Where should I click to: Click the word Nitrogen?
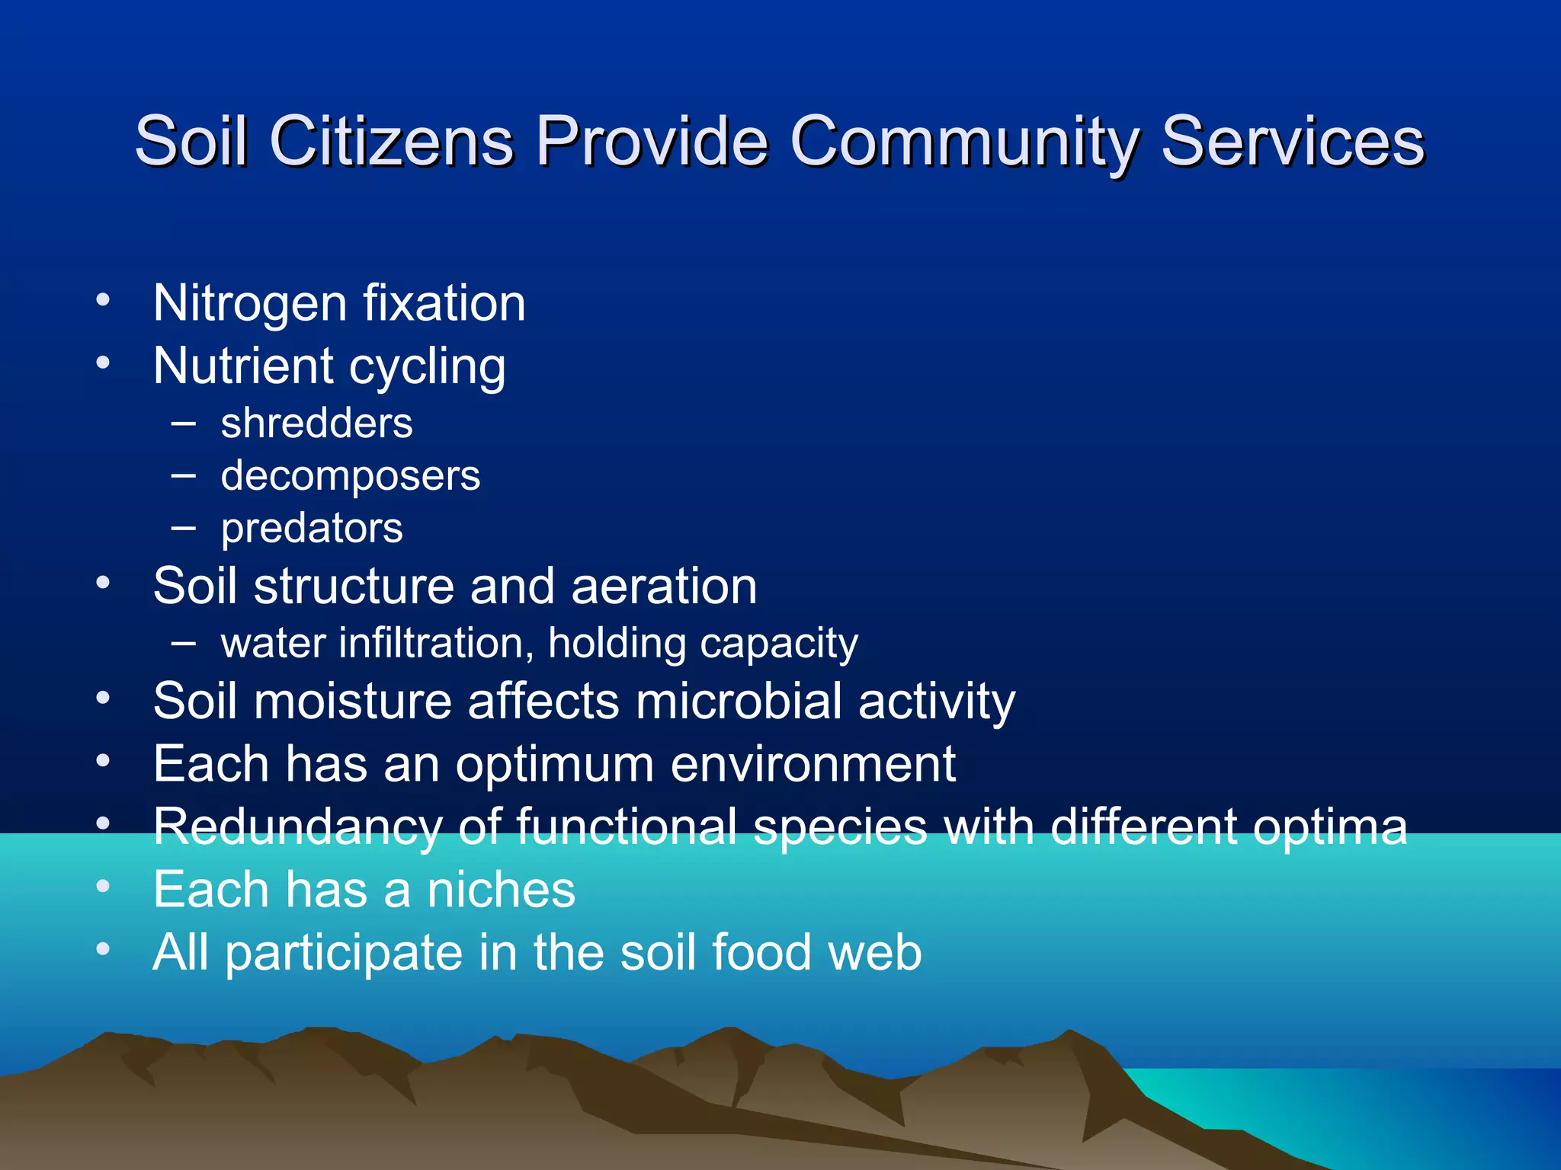(x=250, y=304)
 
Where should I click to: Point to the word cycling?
(x=428, y=367)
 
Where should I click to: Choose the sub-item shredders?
(x=316, y=424)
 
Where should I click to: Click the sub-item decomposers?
(x=351, y=476)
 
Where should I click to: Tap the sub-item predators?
(x=312, y=529)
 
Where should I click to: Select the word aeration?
(x=664, y=587)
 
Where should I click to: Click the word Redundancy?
(x=297, y=827)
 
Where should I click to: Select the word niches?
(x=501, y=890)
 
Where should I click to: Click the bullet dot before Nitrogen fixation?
(x=104, y=299)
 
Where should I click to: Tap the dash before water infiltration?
(x=184, y=642)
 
